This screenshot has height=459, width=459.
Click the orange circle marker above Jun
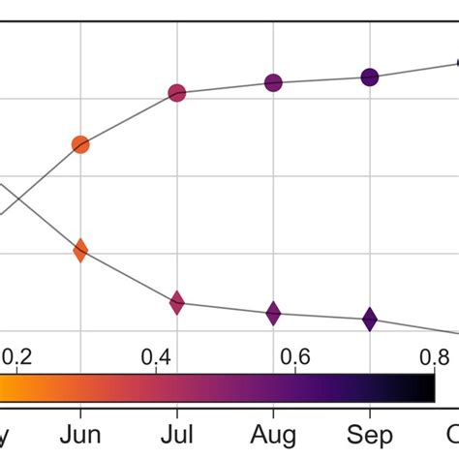point(80,145)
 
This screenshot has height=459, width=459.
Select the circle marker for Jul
point(177,94)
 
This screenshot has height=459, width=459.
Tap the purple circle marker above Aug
point(274,83)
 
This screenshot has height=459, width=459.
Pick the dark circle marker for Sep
point(370,77)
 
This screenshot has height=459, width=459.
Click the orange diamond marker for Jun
point(80,250)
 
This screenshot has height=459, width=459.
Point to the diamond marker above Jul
point(177,303)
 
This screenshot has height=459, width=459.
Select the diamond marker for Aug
point(274,313)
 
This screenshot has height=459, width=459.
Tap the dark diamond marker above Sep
point(370,319)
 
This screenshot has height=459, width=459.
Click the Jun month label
point(80,433)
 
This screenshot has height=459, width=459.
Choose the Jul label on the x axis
point(177,433)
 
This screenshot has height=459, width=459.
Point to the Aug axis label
point(274,433)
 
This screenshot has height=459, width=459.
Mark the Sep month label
point(370,433)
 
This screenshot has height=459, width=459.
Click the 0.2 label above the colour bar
point(15,357)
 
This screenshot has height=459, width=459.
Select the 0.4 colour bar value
point(157,357)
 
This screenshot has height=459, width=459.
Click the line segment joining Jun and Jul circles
point(129,119)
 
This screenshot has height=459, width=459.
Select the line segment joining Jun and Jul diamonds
point(129,277)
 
